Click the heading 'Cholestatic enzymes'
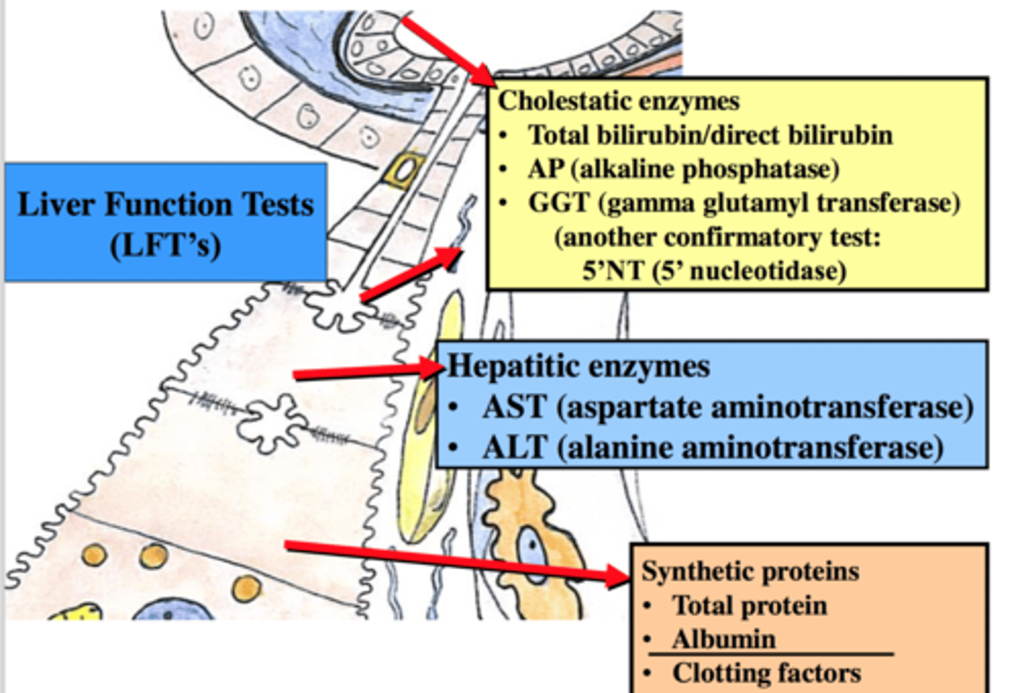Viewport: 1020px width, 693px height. [618, 101]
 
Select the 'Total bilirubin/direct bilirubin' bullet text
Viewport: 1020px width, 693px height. [710, 135]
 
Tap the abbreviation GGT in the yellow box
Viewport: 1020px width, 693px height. [558, 203]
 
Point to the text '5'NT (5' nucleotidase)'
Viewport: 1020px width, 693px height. [714, 270]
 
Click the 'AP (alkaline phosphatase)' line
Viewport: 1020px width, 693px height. [683, 169]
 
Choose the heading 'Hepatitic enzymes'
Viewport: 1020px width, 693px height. [578, 367]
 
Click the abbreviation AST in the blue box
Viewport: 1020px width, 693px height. [514, 408]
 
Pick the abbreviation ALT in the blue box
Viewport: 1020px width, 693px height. [514, 448]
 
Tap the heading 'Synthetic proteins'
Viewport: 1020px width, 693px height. [750, 571]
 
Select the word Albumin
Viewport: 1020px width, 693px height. [724, 639]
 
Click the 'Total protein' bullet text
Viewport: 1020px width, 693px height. [749, 606]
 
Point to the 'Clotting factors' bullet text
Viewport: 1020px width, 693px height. [766, 672]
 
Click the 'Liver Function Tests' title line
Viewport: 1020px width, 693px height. [166, 205]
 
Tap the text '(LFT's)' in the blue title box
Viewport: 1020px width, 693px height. [166, 245]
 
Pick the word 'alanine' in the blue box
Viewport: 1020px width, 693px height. [606, 448]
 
